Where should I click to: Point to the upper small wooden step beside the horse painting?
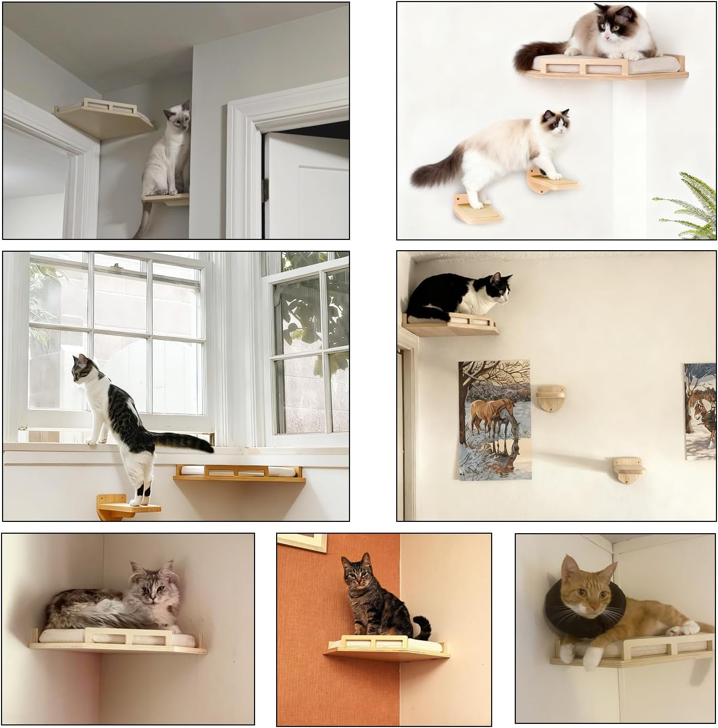pos(551,399)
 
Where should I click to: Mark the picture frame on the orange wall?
pos(303,542)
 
